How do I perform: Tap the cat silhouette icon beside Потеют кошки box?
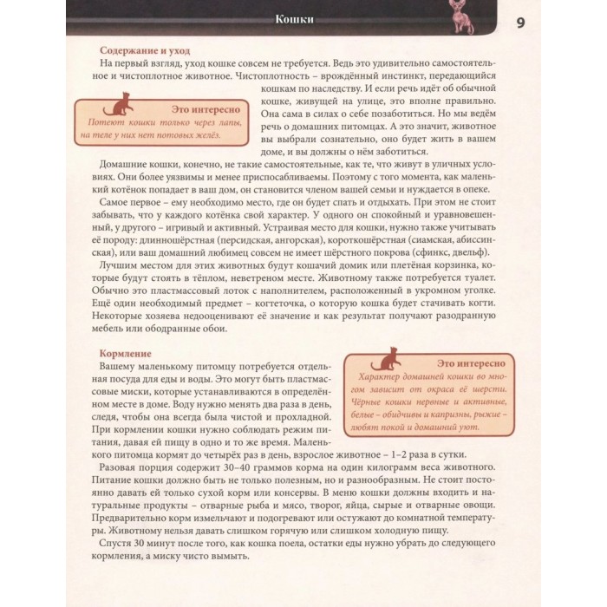114,108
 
